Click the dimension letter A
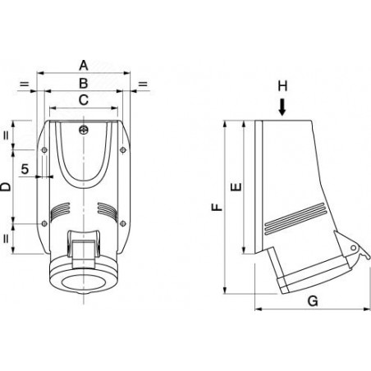[x=84, y=66]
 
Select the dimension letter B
[x=84, y=83]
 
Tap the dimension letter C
[x=84, y=100]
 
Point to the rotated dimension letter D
[x=5, y=187]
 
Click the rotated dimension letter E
[x=236, y=187]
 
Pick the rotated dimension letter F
[x=218, y=207]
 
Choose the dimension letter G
[x=313, y=301]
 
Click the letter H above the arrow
[x=282, y=86]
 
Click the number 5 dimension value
[x=25, y=169]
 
